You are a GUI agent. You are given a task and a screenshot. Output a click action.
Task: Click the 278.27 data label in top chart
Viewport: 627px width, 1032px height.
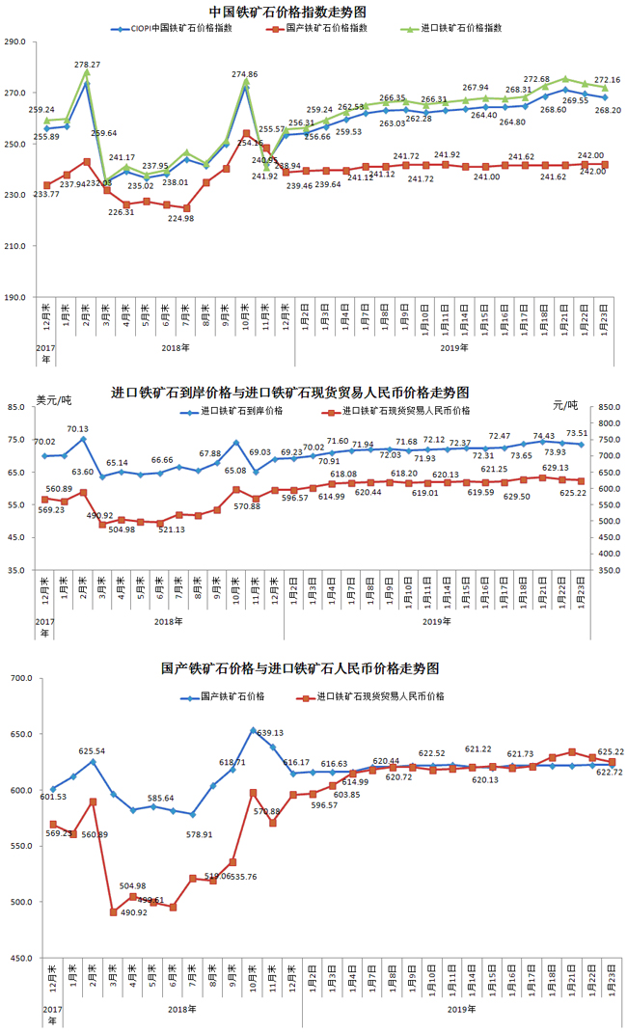click(88, 65)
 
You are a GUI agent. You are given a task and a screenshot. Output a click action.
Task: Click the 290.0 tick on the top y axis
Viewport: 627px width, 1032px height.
click(18, 42)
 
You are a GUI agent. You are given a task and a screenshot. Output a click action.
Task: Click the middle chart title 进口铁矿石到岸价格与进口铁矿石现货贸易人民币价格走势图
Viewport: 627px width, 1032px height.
click(290, 393)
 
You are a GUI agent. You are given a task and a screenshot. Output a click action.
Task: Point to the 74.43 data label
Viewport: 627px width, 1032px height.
click(543, 435)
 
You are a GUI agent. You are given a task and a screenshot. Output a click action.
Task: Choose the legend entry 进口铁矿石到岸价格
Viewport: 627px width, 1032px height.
click(241, 411)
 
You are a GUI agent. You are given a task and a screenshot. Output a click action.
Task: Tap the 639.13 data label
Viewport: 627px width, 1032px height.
click(271, 733)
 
